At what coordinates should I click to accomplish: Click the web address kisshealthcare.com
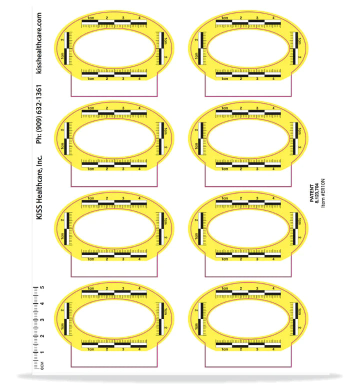pyautogui.click(x=39, y=43)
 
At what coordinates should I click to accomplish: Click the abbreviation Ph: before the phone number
pyautogui.click(x=39, y=139)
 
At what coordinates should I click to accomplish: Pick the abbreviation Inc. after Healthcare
pyautogui.click(x=39, y=160)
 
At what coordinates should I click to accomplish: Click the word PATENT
pyautogui.click(x=311, y=193)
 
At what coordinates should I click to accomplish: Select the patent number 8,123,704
pyautogui.click(x=317, y=193)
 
